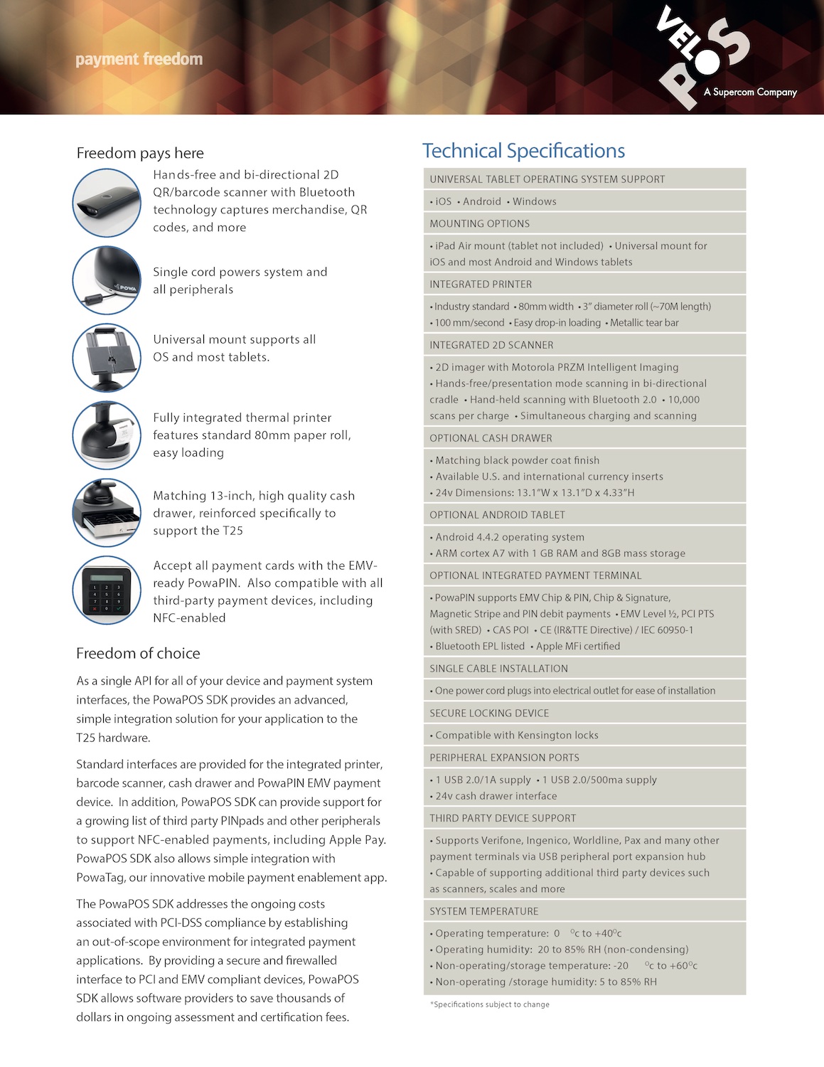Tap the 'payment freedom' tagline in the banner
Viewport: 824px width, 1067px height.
coord(139,59)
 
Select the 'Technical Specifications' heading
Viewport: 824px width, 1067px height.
coord(523,151)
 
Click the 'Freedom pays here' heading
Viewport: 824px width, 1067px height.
coord(140,153)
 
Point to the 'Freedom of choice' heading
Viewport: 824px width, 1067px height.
coord(138,653)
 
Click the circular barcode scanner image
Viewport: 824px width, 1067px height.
coord(107,203)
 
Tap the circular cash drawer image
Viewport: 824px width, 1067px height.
coord(107,513)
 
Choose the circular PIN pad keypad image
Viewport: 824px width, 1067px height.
coord(107,590)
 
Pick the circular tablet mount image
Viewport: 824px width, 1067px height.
coord(107,358)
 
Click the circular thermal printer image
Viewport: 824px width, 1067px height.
coord(107,435)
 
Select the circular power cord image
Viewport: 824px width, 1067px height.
coord(107,280)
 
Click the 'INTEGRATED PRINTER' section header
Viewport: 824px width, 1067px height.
coord(481,284)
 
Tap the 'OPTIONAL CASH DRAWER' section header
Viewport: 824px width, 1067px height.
coord(491,438)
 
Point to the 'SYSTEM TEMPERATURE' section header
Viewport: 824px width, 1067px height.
coord(484,911)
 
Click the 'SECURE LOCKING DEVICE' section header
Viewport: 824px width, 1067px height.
coord(489,713)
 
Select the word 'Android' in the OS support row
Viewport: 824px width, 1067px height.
coord(482,201)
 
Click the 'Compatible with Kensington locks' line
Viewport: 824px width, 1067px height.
coord(516,735)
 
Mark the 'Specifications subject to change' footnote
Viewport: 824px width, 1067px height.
coord(491,1004)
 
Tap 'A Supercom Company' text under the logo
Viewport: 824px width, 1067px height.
coord(750,92)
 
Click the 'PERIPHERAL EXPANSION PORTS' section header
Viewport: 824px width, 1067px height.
coord(504,758)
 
